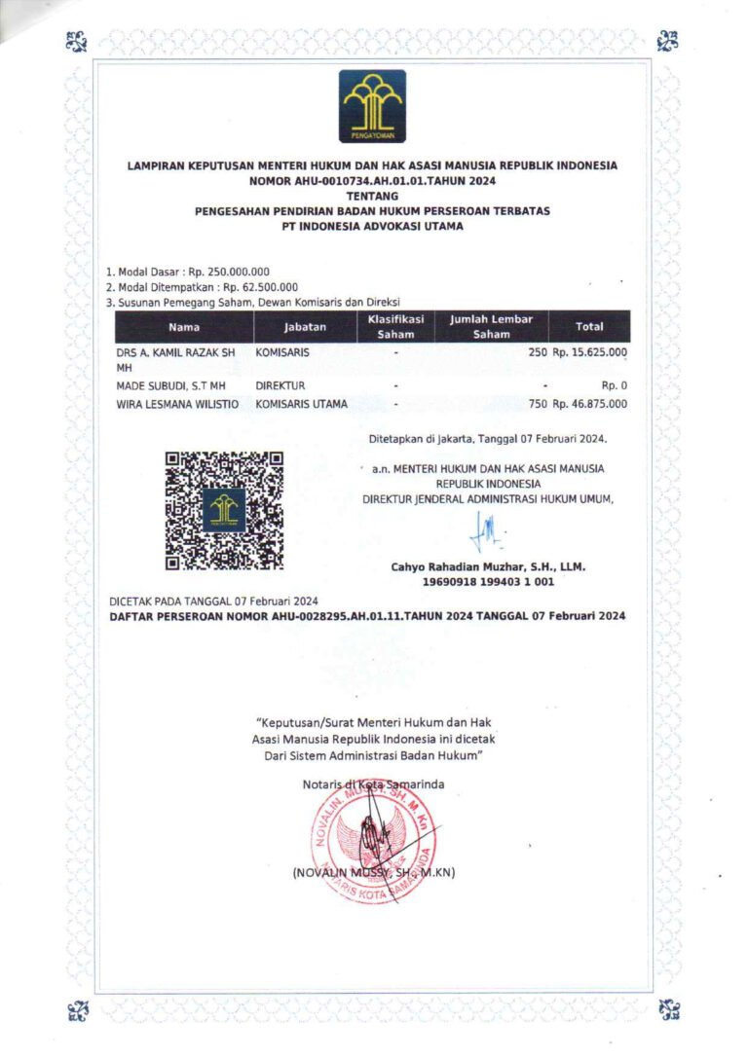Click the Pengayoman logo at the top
(372, 106)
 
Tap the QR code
(224, 510)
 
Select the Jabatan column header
(305, 327)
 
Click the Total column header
(589, 327)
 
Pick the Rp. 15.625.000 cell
(590, 352)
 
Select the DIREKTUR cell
(280, 385)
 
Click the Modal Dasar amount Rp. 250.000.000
(229, 272)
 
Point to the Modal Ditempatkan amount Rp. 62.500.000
(260, 287)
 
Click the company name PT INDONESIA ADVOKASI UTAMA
(372, 226)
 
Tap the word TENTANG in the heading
(372, 196)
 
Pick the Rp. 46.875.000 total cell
(590, 403)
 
